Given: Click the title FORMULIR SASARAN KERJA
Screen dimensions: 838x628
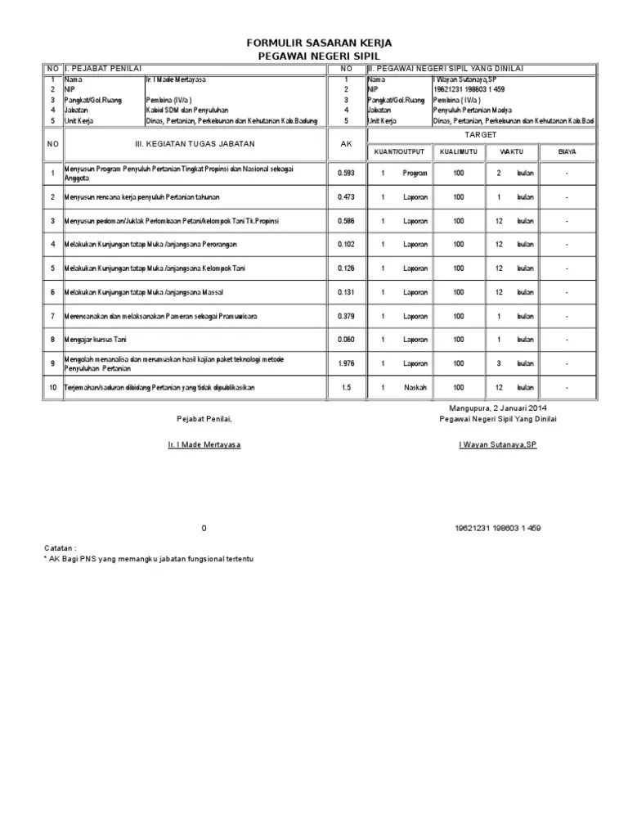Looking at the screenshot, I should [x=314, y=42].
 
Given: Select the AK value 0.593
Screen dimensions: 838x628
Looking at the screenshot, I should [x=347, y=173].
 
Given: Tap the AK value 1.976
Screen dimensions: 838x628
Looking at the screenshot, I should [x=347, y=363].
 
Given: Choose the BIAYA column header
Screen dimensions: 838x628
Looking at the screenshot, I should [x=566, y=151].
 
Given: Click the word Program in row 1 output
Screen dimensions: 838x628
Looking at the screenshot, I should [x=415, y=173].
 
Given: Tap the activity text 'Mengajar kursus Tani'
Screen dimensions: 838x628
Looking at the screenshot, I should [x=96, y=340].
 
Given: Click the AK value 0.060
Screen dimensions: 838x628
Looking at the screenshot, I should [x=347, y=340].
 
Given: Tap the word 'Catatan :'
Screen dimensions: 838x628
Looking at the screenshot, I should [x=60, y=546].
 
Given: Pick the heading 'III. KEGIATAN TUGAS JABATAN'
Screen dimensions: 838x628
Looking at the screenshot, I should [x=195, y=144].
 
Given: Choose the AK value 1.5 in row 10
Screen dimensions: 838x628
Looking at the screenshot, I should [x=347, y=387].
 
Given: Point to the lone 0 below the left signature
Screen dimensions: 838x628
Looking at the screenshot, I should [x=204, y=528].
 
